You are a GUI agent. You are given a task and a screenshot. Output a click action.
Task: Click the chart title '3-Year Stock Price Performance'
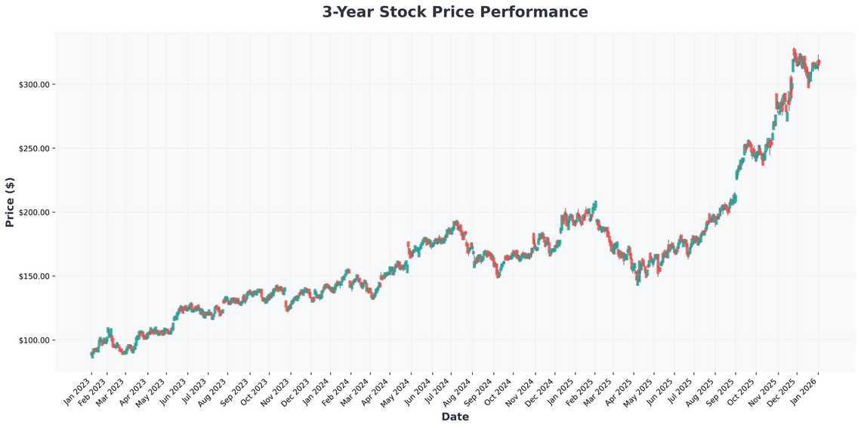(x=455, y=12)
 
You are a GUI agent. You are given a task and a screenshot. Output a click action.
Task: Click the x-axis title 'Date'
(x=455, y=417)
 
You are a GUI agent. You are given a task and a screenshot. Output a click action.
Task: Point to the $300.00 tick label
(x=34, y=84)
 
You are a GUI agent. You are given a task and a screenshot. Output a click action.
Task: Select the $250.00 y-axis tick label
(x=34, y=148)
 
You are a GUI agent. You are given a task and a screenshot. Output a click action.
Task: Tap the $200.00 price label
(x=34, y=212)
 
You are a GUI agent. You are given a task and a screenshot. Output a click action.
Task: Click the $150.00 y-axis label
(x=34, y=276)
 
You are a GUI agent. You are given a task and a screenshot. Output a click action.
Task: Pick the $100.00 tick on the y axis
(x=34, y=340)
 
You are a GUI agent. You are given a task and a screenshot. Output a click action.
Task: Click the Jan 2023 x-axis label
(x=78, y=390)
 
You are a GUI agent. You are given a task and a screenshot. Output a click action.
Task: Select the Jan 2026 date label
(x=806, y=390)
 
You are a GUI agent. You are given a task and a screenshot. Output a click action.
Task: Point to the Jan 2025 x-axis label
(x=562, y=390)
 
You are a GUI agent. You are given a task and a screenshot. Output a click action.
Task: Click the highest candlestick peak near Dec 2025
(x=794, y=50)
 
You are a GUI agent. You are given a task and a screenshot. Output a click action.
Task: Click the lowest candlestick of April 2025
(x=637, y=283)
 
